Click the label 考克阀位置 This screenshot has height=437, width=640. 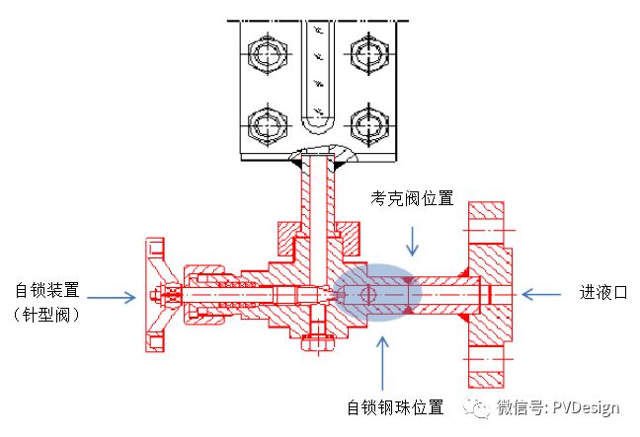[412, 198]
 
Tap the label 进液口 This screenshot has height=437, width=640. [603, 292]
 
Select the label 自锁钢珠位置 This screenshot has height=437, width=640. [395, 406]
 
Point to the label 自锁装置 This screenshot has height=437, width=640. [47, 290]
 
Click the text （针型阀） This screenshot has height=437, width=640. [46, 315]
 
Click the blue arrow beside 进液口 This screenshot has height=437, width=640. [541, 294]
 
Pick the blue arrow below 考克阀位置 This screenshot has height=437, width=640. [412, 242]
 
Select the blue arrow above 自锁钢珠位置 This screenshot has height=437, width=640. [382, 363]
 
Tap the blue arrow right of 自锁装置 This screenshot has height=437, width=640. [112, 298]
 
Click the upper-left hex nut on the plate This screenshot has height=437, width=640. [268, 54]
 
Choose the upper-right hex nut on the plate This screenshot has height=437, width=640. [369, 54]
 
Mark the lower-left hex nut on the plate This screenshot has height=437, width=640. [268, 125]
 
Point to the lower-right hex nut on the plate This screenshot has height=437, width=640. [369, 125]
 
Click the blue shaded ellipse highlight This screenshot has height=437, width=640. [376, 292]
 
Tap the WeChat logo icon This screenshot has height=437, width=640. [476, 406]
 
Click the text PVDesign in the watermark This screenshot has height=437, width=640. [586, 407]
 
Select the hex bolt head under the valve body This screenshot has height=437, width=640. [318, 343]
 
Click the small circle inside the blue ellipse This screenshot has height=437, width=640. [367, 294]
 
